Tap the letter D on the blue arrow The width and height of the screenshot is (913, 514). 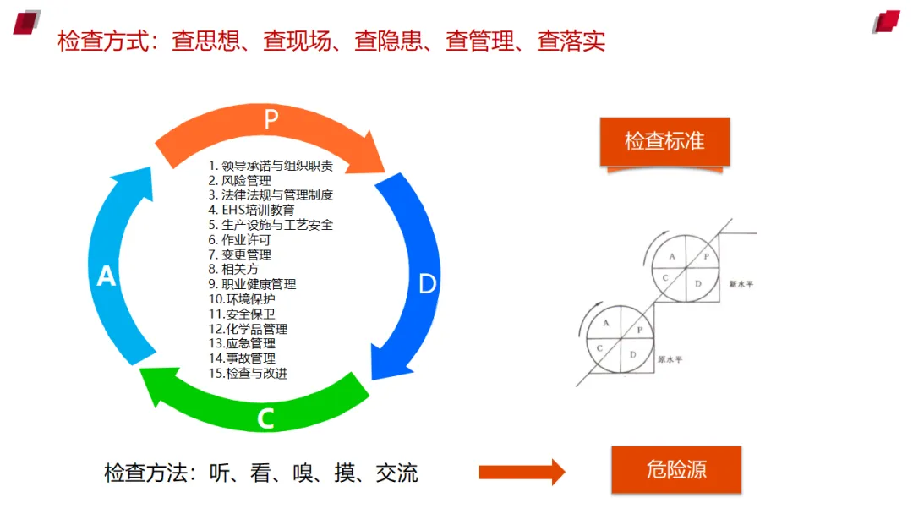(428, 284)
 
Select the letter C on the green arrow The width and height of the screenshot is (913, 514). (265, 418)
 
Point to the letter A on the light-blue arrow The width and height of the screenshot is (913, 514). (107, 276)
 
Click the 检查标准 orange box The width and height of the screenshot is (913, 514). (664, 141)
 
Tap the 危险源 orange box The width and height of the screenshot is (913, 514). (676, 470)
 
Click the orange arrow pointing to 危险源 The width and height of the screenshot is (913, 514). (522, 472)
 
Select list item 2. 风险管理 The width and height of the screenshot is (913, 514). (240, 180)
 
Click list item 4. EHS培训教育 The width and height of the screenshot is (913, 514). (251, 210)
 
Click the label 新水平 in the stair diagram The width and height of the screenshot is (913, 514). (741, 284)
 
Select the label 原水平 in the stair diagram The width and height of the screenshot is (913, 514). (670, 358)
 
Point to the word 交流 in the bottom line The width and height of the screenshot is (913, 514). (396, 473)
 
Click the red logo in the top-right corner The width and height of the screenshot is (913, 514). (887, 21)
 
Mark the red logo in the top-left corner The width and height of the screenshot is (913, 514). (27, 21)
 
